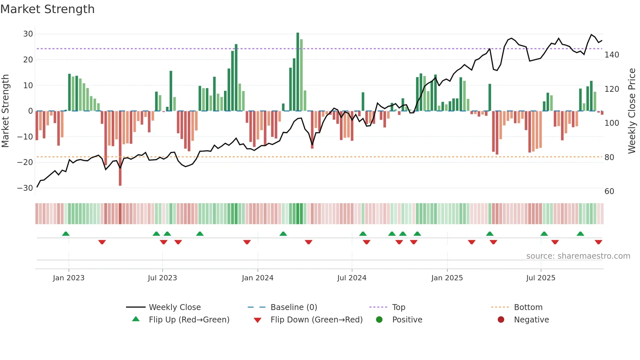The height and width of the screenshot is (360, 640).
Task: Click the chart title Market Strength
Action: (x=48, y=9)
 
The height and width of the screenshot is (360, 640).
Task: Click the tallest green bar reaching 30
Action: (x=298, y=72)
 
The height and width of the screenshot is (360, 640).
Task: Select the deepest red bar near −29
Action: (x=120, y=149)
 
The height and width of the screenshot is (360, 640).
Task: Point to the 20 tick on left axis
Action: (x=28, y=60)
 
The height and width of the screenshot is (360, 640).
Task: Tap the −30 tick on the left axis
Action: (x=25, y=188)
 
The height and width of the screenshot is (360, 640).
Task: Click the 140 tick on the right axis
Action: (x=612, y=55)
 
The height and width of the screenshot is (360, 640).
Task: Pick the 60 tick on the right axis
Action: (x=609, y=191)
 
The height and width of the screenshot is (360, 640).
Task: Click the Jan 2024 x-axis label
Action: (x=258, y=278)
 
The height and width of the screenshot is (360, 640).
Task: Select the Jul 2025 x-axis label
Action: (x=541, y=278)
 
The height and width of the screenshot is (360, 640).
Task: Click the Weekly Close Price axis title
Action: (x=632, y=111)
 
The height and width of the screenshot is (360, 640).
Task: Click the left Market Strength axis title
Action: (x=5, y=111)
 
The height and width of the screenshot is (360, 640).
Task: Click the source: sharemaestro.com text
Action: (x=578, y=256)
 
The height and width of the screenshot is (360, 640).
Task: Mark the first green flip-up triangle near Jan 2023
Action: (x=66, y=234)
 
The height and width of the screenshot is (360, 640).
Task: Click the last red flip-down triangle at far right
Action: (x=599, y=242)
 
